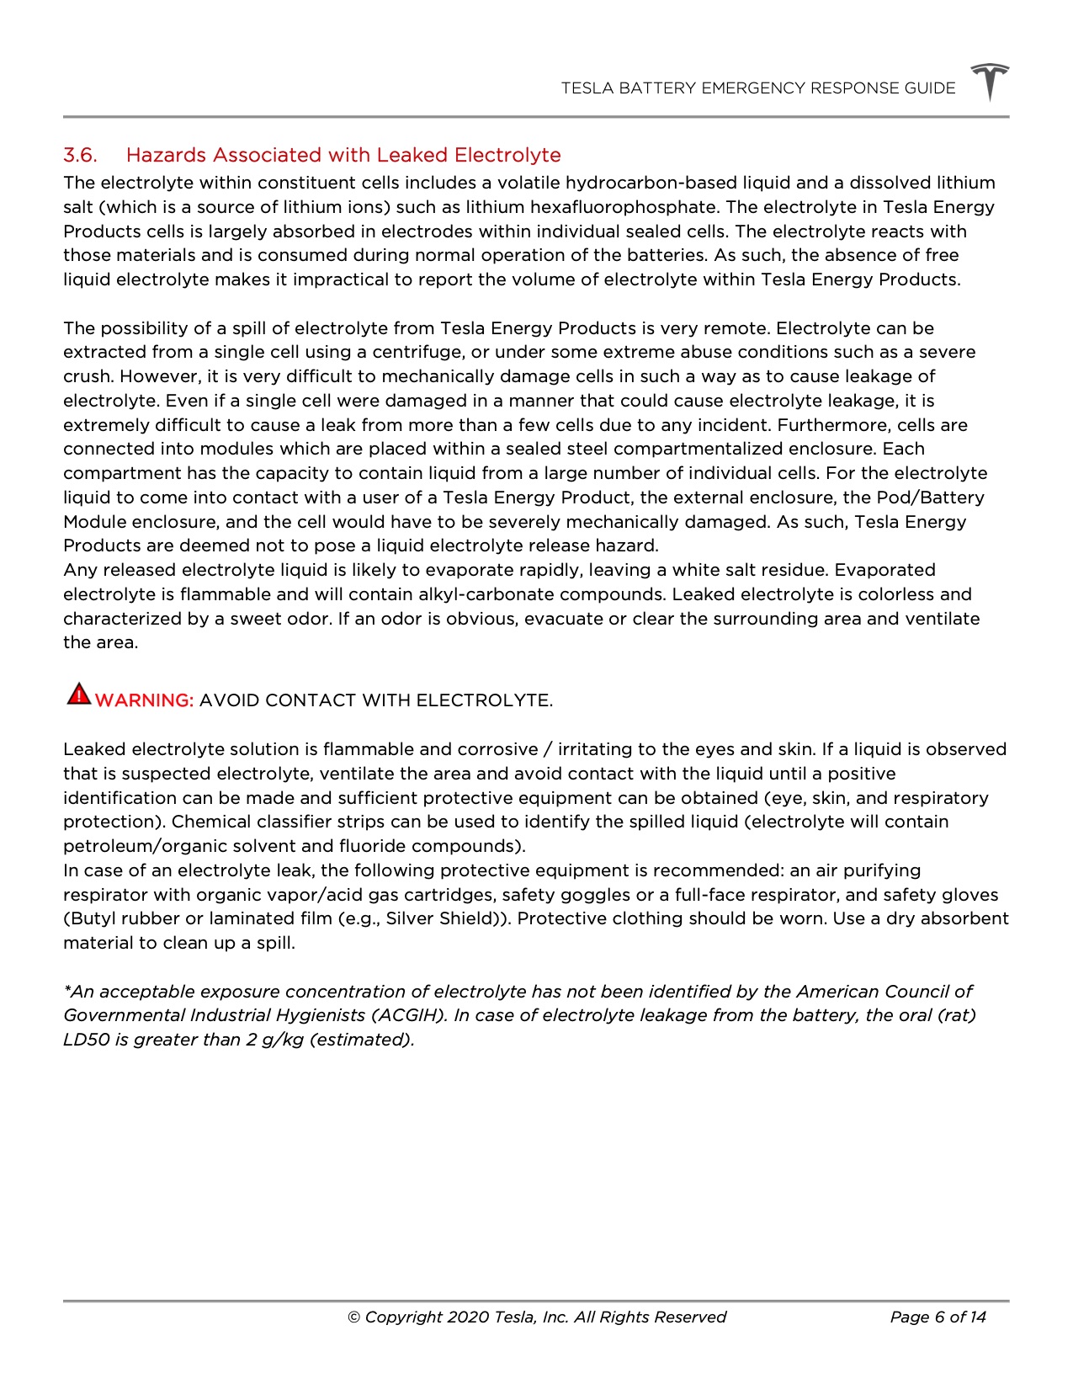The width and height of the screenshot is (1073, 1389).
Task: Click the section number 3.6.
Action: coord(80,155)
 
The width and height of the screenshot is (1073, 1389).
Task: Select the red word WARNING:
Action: coord(145,700)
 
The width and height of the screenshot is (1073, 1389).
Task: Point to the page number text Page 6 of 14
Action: coord(938,1317)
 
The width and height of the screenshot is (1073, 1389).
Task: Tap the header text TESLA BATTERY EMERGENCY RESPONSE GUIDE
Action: coord(758,88)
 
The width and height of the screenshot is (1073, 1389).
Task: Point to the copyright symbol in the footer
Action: coord(354,1317)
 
